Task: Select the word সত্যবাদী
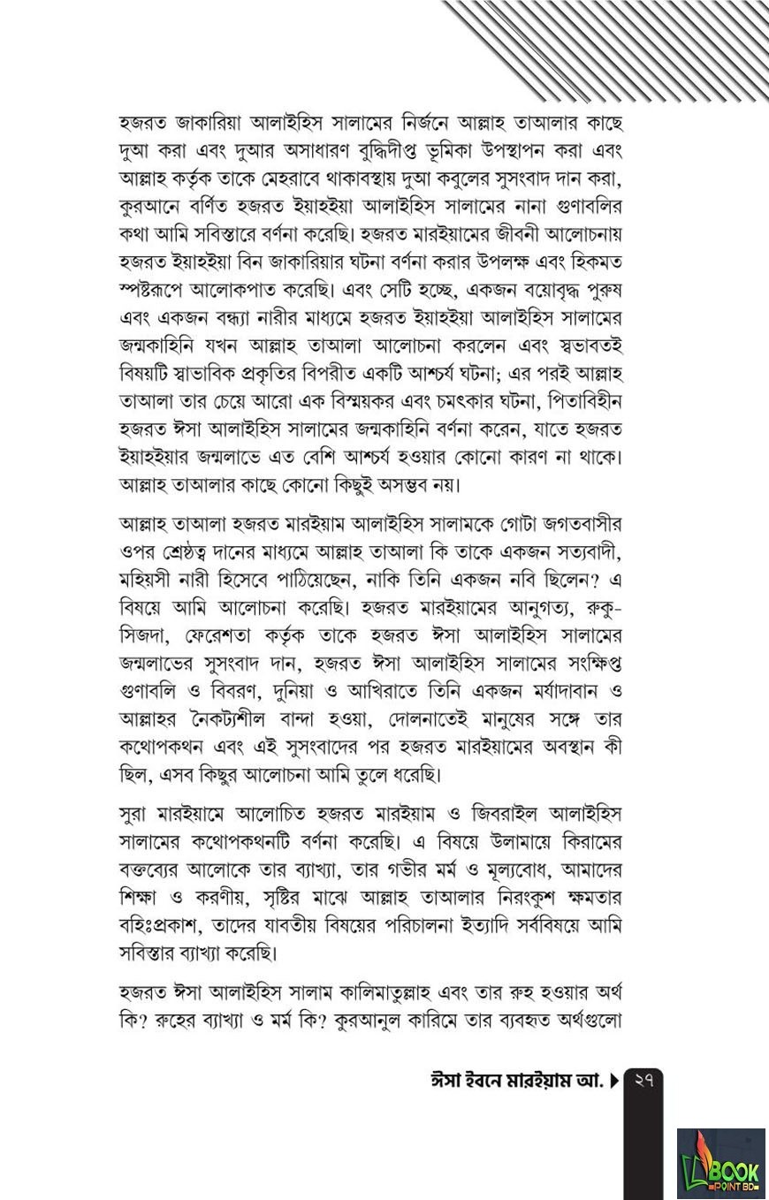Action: [585, 552]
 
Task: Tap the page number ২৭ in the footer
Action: [643, 1080]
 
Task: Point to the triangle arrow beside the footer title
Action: [614, 1081]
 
